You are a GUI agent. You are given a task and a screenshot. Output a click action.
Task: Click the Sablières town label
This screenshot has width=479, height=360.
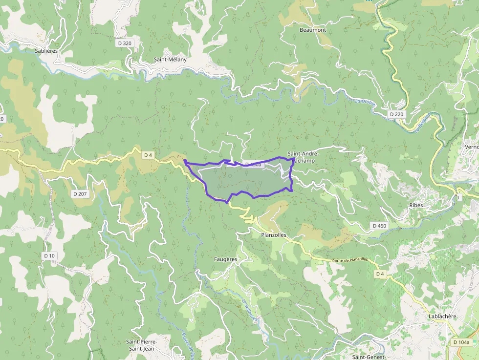[46, 50]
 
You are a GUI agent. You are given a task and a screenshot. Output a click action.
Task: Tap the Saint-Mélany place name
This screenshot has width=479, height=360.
[170, 60]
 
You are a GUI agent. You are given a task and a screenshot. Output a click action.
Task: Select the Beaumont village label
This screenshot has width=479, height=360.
[312, 30]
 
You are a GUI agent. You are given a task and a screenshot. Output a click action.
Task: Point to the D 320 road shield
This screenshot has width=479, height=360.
[125, 43]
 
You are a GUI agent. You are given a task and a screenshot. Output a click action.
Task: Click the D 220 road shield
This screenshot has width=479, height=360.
[396, 114]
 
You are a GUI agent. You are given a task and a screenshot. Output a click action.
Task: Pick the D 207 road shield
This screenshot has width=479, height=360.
[80, 194]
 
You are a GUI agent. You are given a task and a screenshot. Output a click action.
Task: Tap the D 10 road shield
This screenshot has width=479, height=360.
[49, 255]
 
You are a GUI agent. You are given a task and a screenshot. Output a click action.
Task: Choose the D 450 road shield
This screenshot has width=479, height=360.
[379, 226]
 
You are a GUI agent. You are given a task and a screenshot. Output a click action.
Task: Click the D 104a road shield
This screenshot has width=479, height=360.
[461, 342]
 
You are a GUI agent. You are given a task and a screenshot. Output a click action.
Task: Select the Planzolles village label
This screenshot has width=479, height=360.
[273, 235]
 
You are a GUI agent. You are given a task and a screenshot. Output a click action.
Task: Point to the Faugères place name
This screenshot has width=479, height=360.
[225, 259]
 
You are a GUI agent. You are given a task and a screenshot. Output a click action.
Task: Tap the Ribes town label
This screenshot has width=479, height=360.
[416, 205]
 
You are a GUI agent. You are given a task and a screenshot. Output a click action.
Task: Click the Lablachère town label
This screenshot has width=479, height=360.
[442, 316]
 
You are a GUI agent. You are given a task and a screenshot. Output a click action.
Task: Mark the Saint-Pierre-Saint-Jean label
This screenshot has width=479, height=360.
[141, 345]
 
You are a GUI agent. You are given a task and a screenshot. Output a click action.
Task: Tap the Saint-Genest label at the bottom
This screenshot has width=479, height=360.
[369, 357]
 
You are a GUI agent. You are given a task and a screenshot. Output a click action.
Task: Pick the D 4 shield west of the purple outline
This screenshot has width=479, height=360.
[149, 155]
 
